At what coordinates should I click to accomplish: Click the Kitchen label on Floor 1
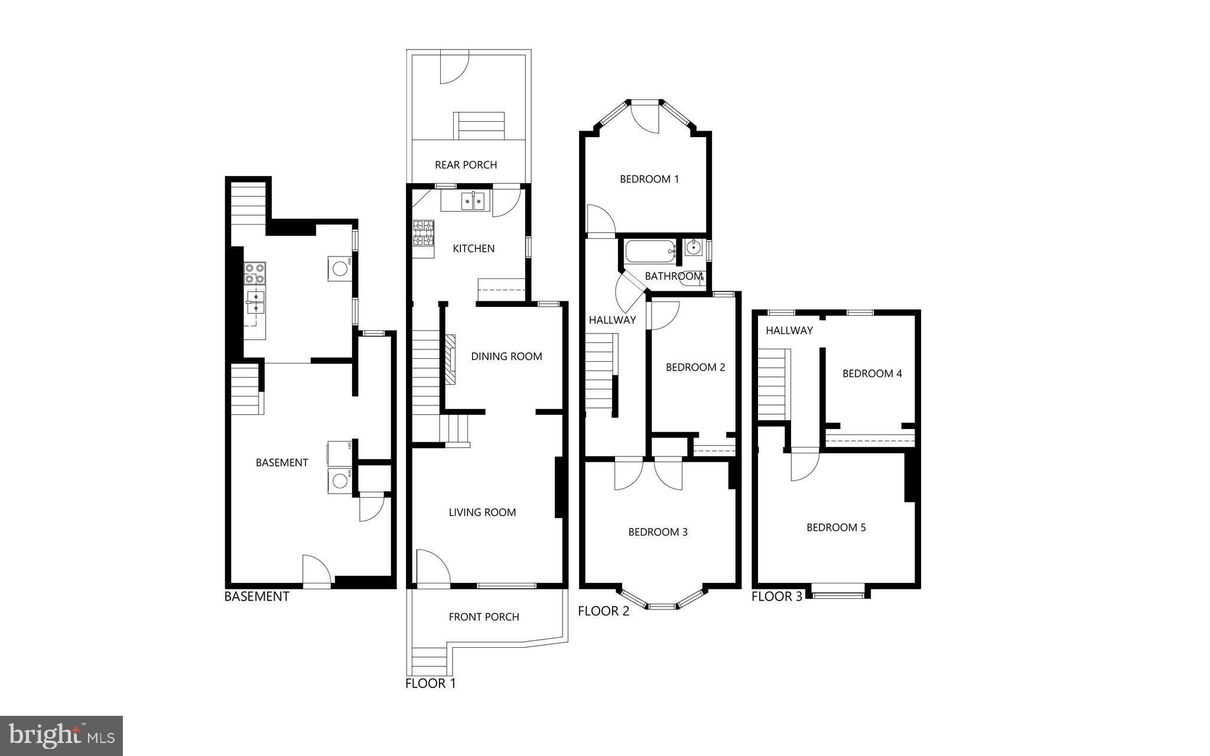pos(473,249)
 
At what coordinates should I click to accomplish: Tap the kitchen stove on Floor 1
pos(423,233)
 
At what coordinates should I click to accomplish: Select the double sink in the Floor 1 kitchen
pos(473,202)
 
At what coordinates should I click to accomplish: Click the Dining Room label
pos(506,356)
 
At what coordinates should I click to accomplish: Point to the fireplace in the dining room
pos(451,359)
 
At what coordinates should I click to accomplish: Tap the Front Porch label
pos(484,617)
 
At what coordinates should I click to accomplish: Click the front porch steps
pos(429,657)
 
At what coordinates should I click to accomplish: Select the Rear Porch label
pos(466,165)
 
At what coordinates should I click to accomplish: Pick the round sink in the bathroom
pos(693,247)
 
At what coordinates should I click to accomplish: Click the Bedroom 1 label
pos(649,179)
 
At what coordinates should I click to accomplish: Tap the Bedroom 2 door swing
pos(665,314)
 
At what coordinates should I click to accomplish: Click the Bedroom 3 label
pos(658,532)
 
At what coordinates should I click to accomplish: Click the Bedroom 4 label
pos(872,374)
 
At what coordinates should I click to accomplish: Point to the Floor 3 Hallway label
pos(789,330)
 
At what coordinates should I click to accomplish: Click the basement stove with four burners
pos(255,273)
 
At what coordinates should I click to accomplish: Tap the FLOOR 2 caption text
pos(603,611)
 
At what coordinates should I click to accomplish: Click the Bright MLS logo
pos(61,736)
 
